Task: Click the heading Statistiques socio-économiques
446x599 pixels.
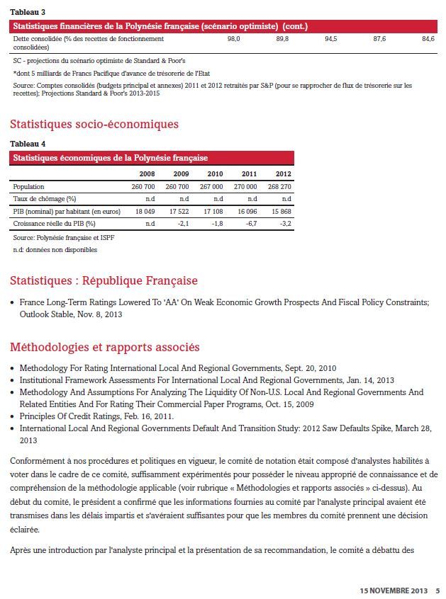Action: pyautogui.click(x=94, y=124)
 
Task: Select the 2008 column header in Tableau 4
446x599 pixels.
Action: pyautogui.click(x=147, y=173)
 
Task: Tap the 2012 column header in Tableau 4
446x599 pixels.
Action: pyautogui.click(x=283, y=173)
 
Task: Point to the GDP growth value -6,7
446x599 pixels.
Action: pyautogui.click(x=250, y=223)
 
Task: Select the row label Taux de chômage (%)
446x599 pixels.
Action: pyautogui.click(x=45, y=199)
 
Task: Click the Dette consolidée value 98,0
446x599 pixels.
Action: pyautogui.click(x=234, y=39)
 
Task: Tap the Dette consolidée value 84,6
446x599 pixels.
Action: pyautogui.click(x=428, y=39)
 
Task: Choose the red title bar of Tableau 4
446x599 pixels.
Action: pyautogui.click(x=152, y=158)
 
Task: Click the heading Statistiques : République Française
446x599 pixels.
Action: pyautogui.click(x=104, y=281)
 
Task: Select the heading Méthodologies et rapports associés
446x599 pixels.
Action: pyautogui.click(x=105, y=347)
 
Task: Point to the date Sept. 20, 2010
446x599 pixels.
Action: pyautogui.click(x=306, y=368)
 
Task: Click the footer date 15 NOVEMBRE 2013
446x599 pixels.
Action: pyautogui.click(x=393, y=590)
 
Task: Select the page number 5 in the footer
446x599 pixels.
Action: pyautogui.click(x=437, y=590)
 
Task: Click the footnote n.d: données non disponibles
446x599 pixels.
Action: pyautogui.click(x=55, y=250)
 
